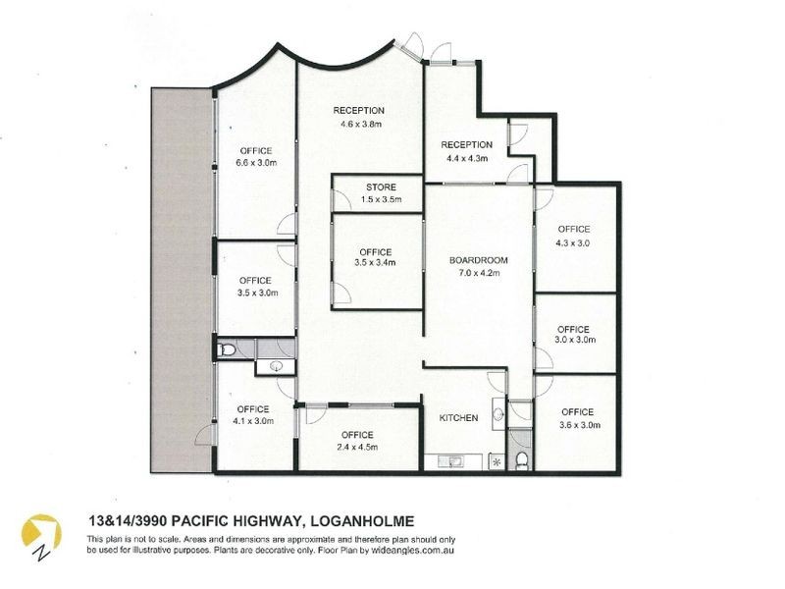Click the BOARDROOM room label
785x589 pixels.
click(x=478, y=260)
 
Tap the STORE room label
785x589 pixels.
click(x=381, y=187)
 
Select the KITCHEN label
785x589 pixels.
click(x=458, y=418)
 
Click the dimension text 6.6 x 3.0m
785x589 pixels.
click(x=254, y=163)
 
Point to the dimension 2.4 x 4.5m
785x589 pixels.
click(x=357, y=447)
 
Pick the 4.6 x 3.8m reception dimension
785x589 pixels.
click(x=357, y=124)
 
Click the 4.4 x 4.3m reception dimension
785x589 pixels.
click(x=466, y=158)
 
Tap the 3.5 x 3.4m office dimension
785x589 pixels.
click(x=375, y=263)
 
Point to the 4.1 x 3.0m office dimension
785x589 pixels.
click(x=253, y=421)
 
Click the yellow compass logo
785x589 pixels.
click(x=42, y=531)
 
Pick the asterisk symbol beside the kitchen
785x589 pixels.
click(x=497, y=461)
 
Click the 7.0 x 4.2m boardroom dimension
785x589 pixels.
click(x=478, y=273)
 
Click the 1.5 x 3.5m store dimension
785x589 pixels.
click(x=381, y=199)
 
